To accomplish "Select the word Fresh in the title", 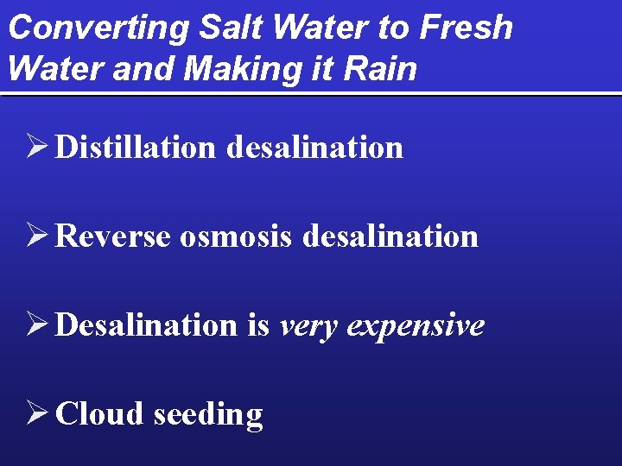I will pyautogui.click(x=466, y=28).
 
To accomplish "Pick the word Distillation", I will pyautogui.click(x=135, y=148).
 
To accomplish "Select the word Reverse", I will pyautogui.click(x=113, y=236).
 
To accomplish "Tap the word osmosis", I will pyautogui.click(x=237, y=236).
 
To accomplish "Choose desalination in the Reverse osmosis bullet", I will pyautogui.click(x=390, y=236).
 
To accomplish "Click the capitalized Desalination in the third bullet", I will pyautogui.click(x=145, y=325).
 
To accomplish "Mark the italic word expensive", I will pyautogui.click(x=416, y=326).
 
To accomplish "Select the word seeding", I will pyautogui.click(x=207, y=415).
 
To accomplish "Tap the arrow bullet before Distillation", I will pyautogui.click(x=37, y=147).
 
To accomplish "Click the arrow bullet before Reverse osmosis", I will pyautogui.click(x=37, y=236).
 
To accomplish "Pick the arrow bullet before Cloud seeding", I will pyautogui.click(x=37, y=413).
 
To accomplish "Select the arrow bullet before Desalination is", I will pyautogui.click(x=37, y=324).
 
